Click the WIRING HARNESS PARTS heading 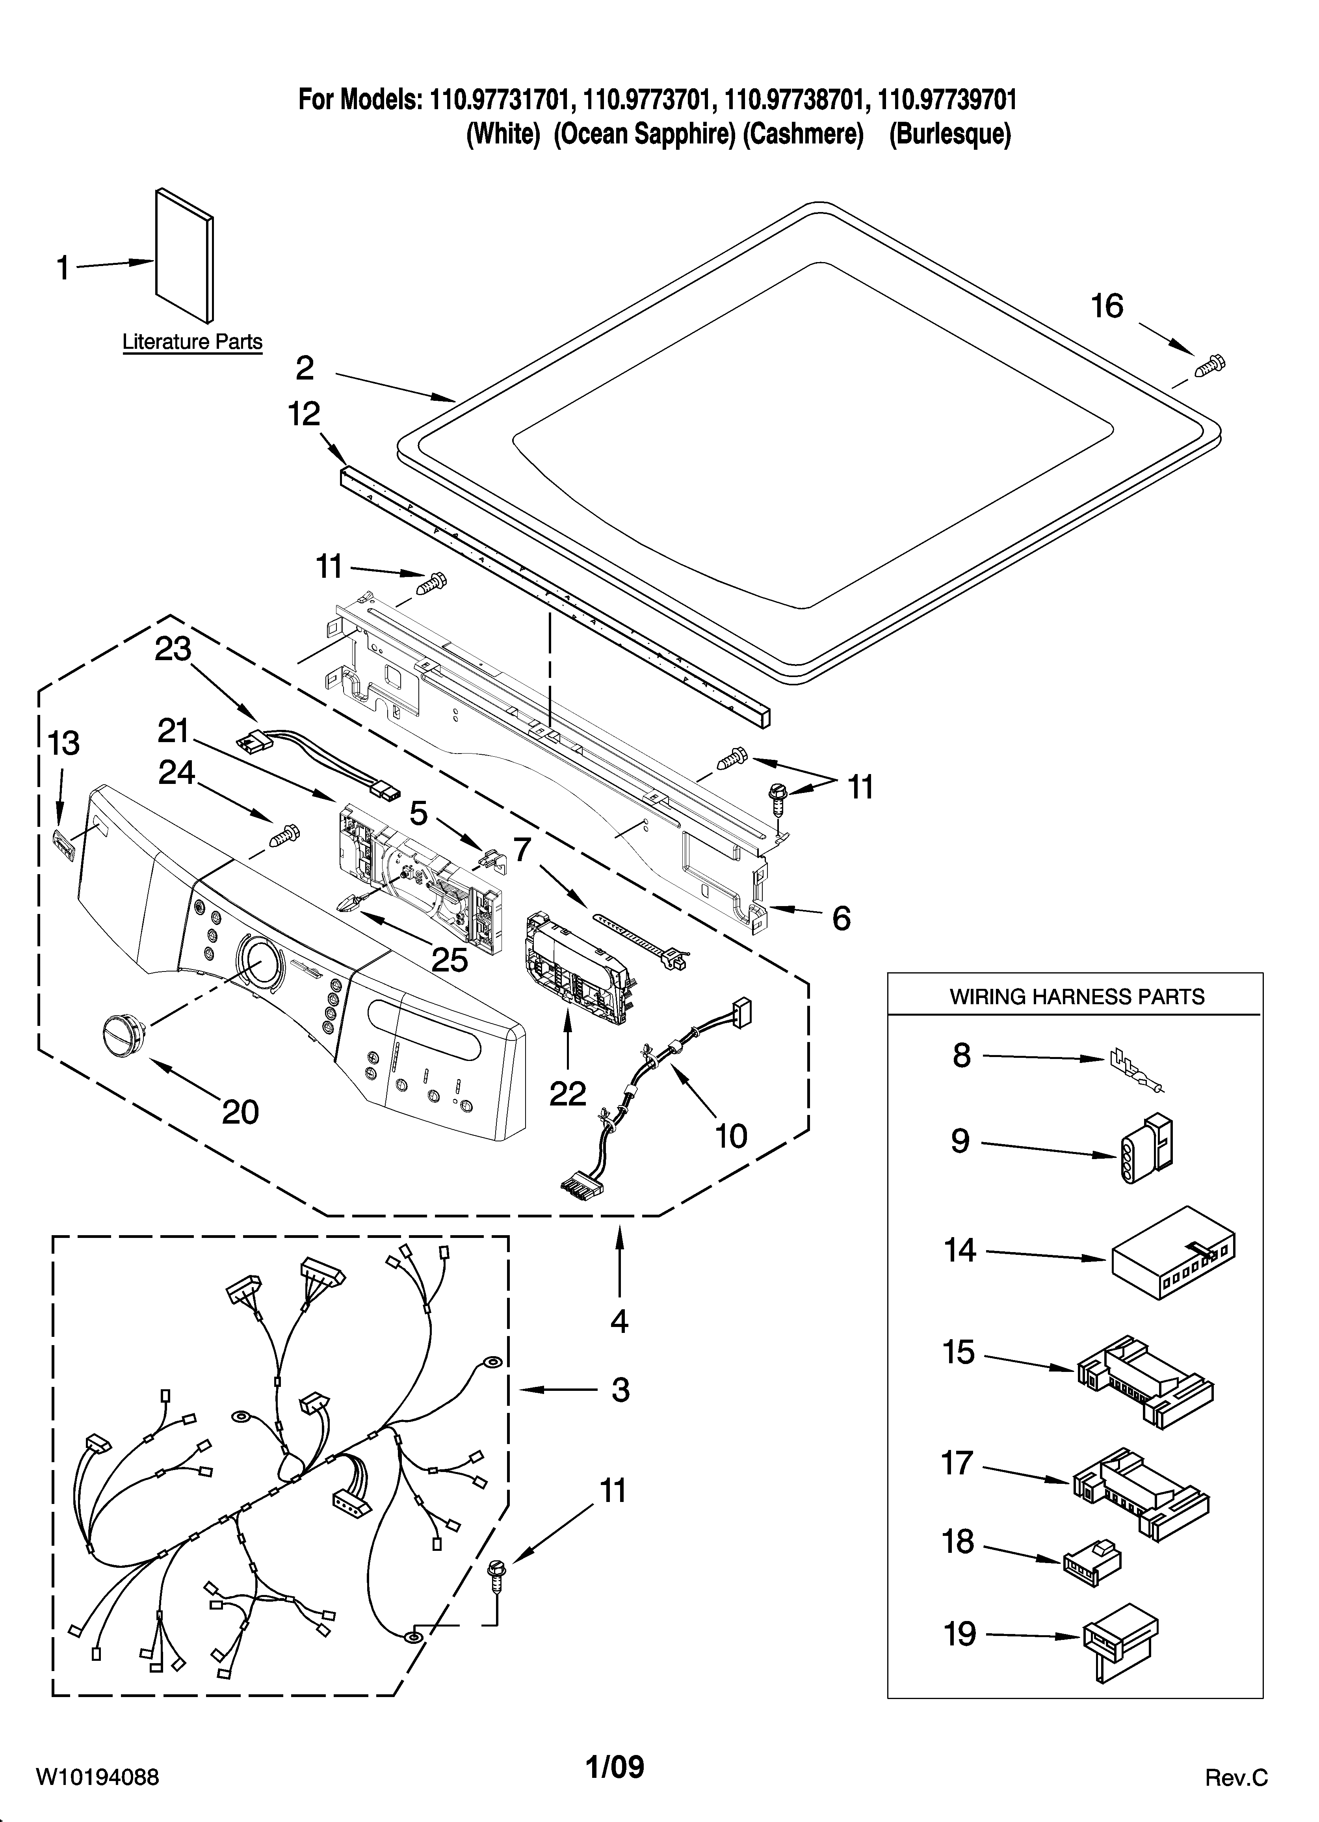coord(1076,997)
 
